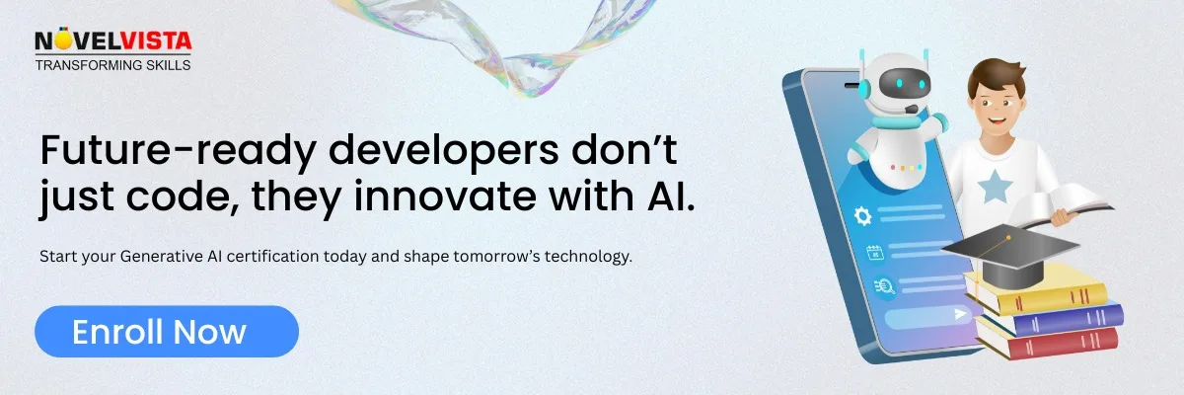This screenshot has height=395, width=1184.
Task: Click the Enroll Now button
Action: (x=166, y=332)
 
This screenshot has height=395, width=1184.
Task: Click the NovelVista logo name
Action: (x=112, y=41)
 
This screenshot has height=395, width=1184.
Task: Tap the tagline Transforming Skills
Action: (x=112, y=65)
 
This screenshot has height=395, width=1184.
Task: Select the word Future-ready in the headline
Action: (x=174, y=150)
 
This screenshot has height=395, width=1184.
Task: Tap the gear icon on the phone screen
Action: (x=862, y=215)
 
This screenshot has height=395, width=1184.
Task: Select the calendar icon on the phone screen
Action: (x=873, y=252)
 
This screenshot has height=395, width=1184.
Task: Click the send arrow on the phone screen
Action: (x=959, y=314)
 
